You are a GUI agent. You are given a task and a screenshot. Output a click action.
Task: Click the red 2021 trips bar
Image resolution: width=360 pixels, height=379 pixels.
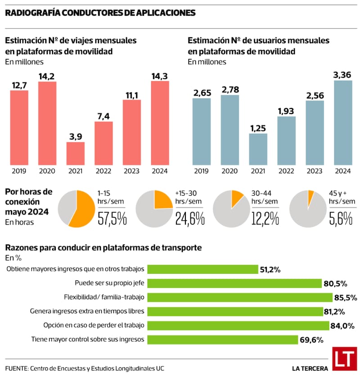[x=76, y=153]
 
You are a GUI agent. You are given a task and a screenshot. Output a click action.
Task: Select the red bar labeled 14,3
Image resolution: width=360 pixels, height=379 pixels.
[x=160, y=122]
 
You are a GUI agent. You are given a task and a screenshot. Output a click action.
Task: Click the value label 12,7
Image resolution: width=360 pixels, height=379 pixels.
[x=19, y=85]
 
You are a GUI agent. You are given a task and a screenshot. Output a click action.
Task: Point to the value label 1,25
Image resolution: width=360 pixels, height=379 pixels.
[x=258, y=128]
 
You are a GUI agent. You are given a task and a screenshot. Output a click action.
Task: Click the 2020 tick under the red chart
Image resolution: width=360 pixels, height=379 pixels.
[x=47, y=171]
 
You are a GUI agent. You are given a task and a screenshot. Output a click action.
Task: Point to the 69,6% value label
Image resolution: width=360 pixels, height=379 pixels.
[x=311, y=340]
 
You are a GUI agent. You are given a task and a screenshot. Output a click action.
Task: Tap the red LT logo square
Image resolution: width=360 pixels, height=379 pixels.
[x=344, y=359]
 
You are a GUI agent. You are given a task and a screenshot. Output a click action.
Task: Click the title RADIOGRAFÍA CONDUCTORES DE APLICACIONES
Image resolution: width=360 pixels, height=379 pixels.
[x=100, y=13]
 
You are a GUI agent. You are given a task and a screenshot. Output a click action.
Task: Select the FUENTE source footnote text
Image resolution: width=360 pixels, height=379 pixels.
[x=85, y=368]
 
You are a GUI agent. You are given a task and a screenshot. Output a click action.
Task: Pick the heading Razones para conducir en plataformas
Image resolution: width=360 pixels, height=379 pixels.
[x=103, y=248]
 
